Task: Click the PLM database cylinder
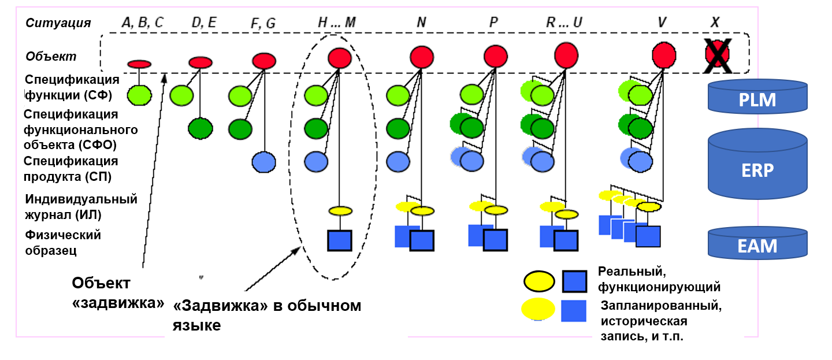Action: point(757,98)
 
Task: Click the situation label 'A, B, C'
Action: point(143,23)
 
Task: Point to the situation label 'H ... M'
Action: point(337,23)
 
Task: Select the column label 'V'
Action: point(662,23)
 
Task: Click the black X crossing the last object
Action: point(718,55)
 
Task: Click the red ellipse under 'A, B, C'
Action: point(139,64)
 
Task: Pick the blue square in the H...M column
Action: point(340,240)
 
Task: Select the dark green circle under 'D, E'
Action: point(200,128)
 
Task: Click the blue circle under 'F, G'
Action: point(264,162)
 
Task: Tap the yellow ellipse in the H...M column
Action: point(341,210)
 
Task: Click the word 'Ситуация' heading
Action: point(58,23)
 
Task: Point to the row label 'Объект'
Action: point(51,57)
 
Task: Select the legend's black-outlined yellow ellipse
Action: point(539,282)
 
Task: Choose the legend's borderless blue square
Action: point(573,310)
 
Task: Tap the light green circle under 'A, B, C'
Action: point(139,94)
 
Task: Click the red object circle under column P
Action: point(495,57)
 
